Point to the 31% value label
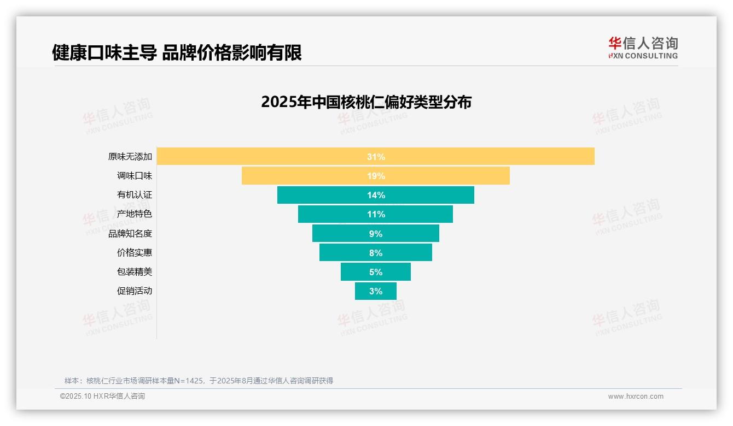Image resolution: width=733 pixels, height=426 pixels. pos(376,157)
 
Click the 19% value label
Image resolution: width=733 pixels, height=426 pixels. pos(376,176)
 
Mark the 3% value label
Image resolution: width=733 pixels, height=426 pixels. pos(376,291)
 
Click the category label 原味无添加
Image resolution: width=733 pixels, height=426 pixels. pos(130,157)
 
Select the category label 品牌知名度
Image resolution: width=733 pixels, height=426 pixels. pos(130,233)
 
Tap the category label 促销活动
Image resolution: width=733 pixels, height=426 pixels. pos(134,291)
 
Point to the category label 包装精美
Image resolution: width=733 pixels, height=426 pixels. pos(134,272)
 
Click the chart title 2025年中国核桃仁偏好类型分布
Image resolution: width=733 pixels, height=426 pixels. pos(366,102)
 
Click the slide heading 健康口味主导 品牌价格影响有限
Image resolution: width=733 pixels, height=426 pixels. pos(177,52)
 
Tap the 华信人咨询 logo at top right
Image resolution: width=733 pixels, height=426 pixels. pos(643,48)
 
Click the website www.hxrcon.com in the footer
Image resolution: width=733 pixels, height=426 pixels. pos(636,397)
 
